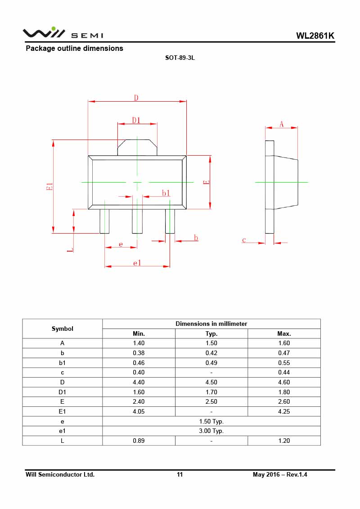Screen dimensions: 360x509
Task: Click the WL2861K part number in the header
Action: point(315,36)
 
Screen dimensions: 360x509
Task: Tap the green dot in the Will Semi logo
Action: point(54,28)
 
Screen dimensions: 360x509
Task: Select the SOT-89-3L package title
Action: point(180,58)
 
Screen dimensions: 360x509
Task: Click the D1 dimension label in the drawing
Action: point(136,121)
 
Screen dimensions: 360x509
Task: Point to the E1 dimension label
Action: point(49,187)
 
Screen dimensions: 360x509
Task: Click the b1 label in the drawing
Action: point(166,193)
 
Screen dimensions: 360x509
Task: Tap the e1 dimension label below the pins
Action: point(137,263)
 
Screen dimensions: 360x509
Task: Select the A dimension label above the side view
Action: point(281,124)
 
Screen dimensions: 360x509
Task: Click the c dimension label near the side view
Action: point(244,240)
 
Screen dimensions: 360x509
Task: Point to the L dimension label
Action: point(70,250)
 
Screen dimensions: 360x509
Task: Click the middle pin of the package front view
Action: point(137,221)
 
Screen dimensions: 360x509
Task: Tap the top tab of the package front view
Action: point(137,148)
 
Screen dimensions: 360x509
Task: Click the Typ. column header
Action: point(211,333)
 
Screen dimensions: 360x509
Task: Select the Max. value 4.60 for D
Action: point(284,382)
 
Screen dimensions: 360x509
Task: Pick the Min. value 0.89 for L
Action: point(139,441)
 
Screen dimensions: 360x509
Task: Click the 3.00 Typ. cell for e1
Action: point(211,431)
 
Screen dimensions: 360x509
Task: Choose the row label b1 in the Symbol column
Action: point(63,363)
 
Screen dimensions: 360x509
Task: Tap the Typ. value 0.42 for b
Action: point(211,353)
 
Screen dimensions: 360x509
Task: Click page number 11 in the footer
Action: point(180,474)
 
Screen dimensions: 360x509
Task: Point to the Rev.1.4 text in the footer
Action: point(297,474)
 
